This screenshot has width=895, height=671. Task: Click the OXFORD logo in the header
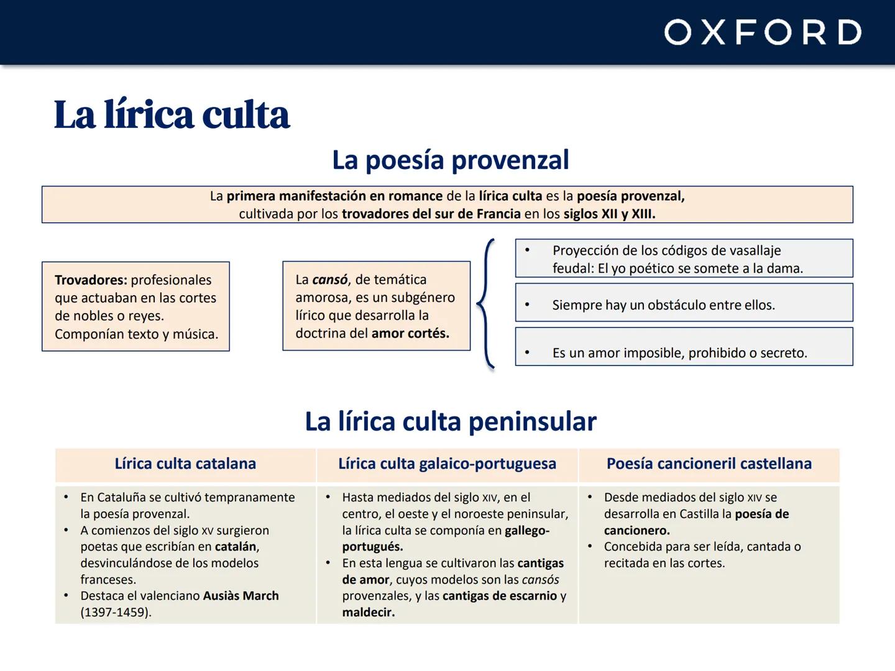click(x=763, y=32)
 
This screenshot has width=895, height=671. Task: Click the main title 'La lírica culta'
click(x=172, y=115)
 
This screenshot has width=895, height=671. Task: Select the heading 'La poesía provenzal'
click(x=450, y=160)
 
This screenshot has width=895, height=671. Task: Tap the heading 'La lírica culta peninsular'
click(x=450, y=422)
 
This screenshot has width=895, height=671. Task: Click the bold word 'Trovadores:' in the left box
click(x=91, y=280)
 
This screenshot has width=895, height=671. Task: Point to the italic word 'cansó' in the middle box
click(x=329, y=280)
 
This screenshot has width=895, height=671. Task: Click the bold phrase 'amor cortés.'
click(x=410, y=334)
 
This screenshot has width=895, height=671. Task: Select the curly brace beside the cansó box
click(x=486, y=304)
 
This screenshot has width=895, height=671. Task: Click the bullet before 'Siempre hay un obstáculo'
click(x=527, y=305)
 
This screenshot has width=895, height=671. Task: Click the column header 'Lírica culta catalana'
click(x=185, y=464)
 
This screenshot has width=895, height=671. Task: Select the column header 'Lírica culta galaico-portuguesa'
click(x=447, y=464)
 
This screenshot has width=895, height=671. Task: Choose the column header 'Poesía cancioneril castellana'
click(x=709, y=464)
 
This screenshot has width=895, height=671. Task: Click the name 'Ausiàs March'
click(x=241, y=596)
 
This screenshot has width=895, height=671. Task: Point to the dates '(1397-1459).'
click(x=116, y=613)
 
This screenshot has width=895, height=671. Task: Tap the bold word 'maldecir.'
click(x=368, y=613)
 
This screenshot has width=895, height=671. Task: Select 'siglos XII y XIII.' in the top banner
click(x=609, y=214)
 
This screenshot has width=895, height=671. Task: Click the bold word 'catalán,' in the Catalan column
click(x=237, y=547)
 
